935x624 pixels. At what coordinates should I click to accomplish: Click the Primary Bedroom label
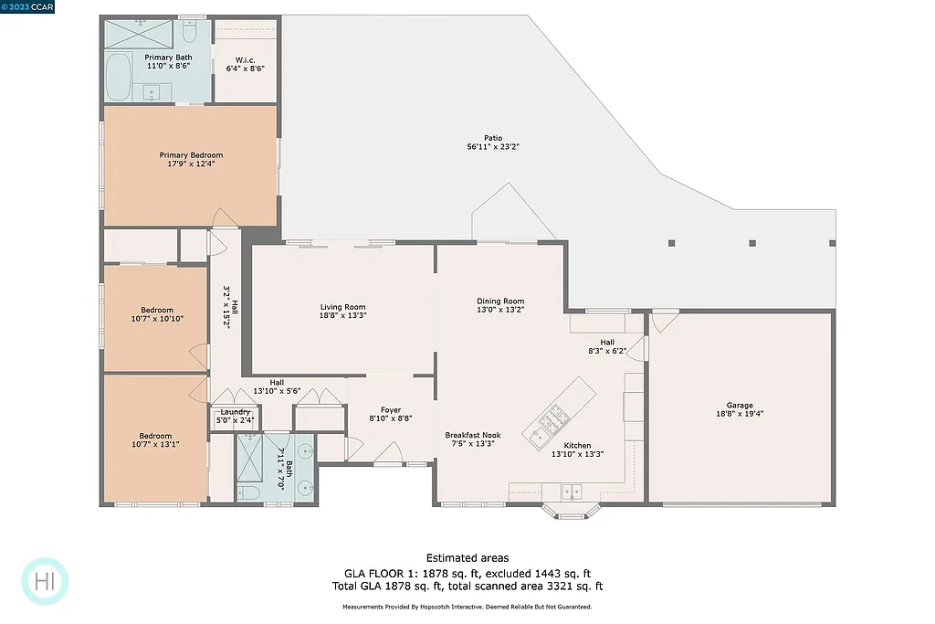(x=191, y=155)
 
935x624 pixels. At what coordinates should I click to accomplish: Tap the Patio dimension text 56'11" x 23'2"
(x=493, y=147)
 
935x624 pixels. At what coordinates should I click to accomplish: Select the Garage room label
(x=740, y=405)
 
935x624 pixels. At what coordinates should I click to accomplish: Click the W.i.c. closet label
(x=245, y=60)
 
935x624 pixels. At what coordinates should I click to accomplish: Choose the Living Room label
(x=342, y=307)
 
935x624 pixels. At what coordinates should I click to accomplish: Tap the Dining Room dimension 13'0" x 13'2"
(x=500, y=310)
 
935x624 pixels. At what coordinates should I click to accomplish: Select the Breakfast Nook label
(x=473, y=435)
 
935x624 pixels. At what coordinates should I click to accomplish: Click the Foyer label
(x=390, y=409)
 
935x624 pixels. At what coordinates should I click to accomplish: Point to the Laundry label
(x=235, y=412)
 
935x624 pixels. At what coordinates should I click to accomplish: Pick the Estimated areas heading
(x=467, y=558)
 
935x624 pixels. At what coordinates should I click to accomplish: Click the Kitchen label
(x=577, y=446)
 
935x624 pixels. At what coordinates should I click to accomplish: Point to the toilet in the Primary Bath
(x=190, y=32)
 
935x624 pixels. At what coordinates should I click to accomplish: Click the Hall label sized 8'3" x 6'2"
(x=607, y=342)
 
